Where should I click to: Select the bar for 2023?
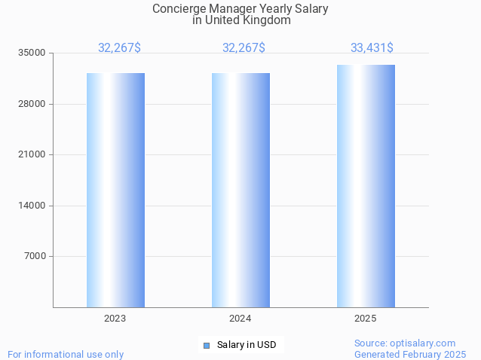[115, 190]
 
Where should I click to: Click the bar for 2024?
[240, 190]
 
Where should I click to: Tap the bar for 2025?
[366, 186]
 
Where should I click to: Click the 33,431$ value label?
[372, 48]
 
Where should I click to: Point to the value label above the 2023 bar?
[119, 48]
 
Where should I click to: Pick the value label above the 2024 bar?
[244, 48]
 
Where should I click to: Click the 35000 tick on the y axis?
[32, 53]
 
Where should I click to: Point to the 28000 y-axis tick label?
[32, 104]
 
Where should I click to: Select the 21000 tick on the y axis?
[32, 154]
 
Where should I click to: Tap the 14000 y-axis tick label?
[32, 206]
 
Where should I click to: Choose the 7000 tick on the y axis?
[35, 256]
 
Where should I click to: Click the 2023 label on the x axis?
[115, 319]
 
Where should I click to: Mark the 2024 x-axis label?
[240, 319]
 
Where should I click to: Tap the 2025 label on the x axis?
[366, 319]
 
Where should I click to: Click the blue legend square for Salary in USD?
[206, 346]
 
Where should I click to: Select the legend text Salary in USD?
[247, 346]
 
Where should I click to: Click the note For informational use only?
[66, 354]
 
